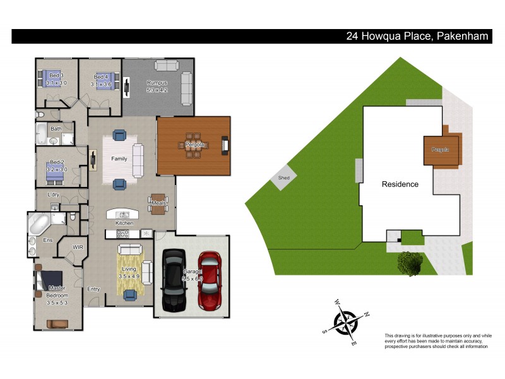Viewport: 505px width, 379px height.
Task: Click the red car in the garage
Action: click(x=210, y=280)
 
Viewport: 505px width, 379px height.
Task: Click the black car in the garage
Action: click(x=174, y=280)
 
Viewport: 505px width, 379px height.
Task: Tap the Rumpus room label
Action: click(x=157, y=83)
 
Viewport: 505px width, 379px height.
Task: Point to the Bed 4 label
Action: click(x=101, y=76)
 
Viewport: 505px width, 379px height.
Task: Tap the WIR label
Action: click(x=78, y=247)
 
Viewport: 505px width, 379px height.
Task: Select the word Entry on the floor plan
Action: click(x=93, y=289)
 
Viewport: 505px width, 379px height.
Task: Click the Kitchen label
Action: click(x=124, y=224)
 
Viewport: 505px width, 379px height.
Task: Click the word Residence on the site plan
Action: click(x=400, y=184)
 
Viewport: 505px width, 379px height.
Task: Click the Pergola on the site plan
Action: click(x=440, y=150)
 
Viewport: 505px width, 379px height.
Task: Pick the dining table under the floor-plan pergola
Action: click(x=193, y=145)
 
